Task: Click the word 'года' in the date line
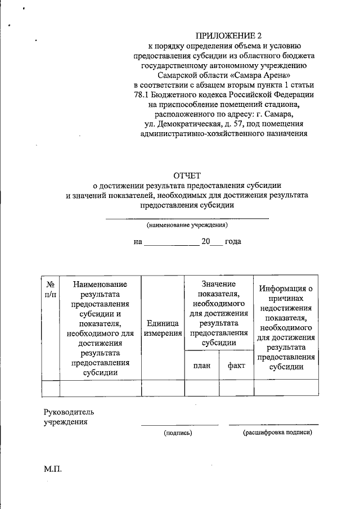click(233, 242)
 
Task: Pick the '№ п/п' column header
click(51, 289)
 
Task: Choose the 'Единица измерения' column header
click(163, 328)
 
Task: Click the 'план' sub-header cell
click(201, 366)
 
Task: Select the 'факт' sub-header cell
click(236, 366)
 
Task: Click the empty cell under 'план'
click(201, 389)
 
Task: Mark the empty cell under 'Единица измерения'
click(163, 389)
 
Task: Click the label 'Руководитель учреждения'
click(65, 416)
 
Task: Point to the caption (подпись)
click(178, 433)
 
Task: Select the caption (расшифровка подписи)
click(277, 433)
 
